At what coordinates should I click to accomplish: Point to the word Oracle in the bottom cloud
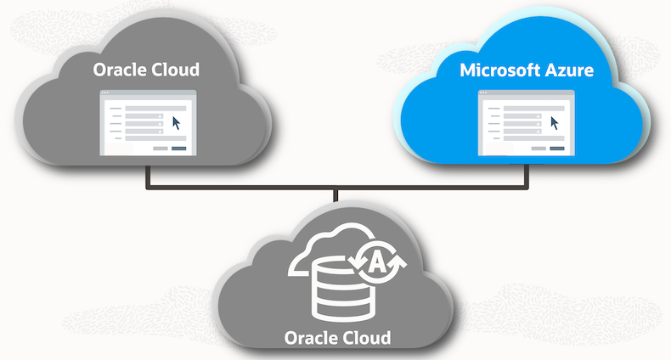311,337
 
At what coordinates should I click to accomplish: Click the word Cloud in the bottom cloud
365,337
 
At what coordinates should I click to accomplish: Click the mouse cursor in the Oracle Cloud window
177,123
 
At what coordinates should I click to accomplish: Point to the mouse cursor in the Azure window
555,123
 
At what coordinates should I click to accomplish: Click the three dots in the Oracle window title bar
105,93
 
